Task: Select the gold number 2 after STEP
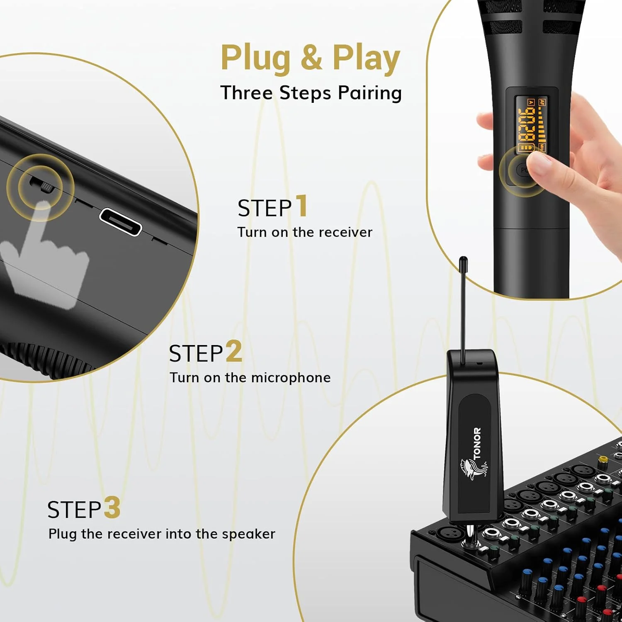[x=234, y=351]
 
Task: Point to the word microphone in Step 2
[x=291, y=378]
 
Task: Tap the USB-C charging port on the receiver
[x=121, y=222]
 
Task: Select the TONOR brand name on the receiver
[x=477, y=444]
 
